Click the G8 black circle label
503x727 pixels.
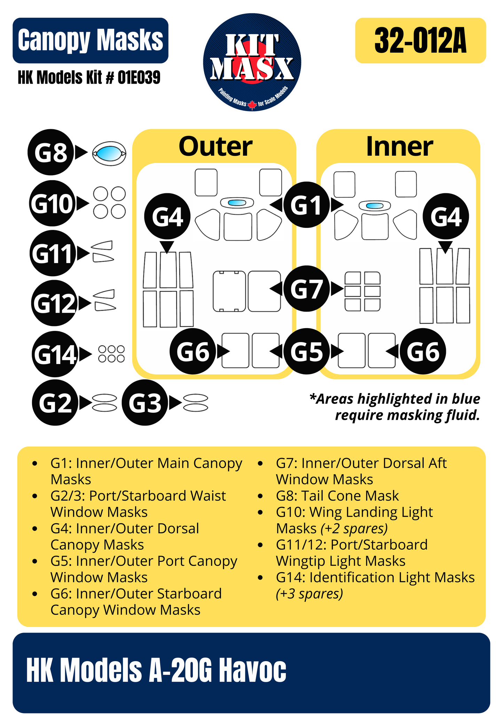pos(50,152)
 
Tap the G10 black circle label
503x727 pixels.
pos(52,203)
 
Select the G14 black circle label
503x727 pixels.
pos(55,354)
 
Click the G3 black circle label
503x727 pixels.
pos(144,403)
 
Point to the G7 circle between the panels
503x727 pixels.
pos(306,289)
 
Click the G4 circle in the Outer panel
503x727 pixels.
pos(167,216)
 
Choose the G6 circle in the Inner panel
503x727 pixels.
pos(423,351)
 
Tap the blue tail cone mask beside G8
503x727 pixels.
pos(109,153)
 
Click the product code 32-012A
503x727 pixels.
pos(420,41)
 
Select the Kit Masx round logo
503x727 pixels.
pos(252,62)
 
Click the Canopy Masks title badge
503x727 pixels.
pos(91,40)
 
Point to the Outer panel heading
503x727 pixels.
pos(215,146)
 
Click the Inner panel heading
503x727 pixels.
pos(399,146)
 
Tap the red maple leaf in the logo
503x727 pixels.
pos(252,105)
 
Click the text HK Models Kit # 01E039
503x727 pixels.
pos(89,77)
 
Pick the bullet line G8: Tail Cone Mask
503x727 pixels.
pos(337,496)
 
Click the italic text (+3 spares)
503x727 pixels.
pos(309,594)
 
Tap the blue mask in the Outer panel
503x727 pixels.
pos(237,203)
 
